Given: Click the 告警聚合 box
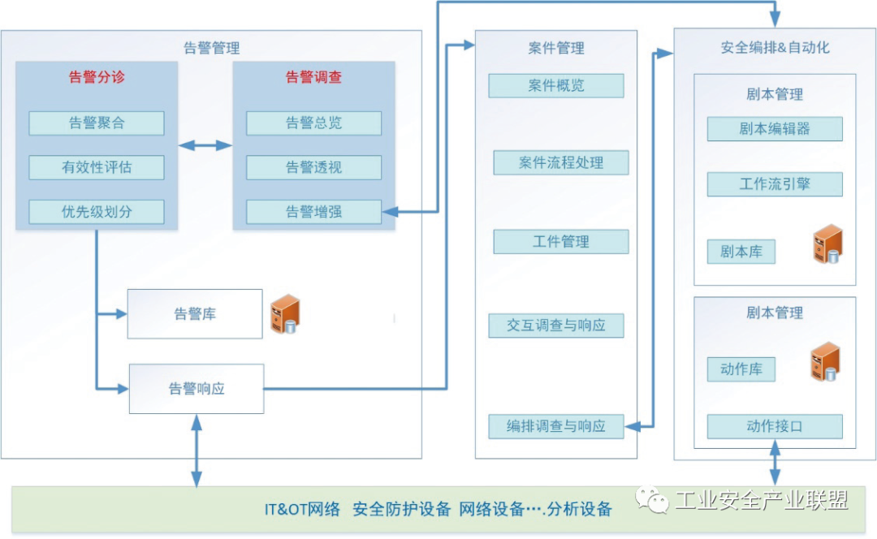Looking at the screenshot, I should click(x=97, y=123).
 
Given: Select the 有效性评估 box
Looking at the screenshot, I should click(x=97, y=168).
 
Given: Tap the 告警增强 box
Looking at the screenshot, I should click(x=313, y=213).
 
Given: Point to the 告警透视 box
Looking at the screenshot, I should click(x=313, y=168).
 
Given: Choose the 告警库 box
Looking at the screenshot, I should click(x=195, y=314).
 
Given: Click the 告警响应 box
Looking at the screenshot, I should click(x=197, y=389).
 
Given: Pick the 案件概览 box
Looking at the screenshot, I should click(x=556, y=86).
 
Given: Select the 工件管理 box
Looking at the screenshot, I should click(x=561, y=242).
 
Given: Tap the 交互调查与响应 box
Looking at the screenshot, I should click(x=556, y=326).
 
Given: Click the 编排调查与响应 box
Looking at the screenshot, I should click(x=556, y=426).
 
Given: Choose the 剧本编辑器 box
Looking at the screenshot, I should click(x=775, y=129).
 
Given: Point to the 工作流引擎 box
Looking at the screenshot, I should click(x=775, y=184).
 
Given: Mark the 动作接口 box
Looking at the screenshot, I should click(x=775, y=426).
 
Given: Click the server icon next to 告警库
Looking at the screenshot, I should click(x=285, y=315).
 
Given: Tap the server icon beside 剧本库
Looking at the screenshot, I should click(x=827, y=244).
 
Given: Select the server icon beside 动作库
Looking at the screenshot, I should click(x=825, y=362).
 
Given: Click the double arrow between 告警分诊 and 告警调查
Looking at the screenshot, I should click(x=205, y=146).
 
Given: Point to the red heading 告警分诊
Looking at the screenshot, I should click(x=97, y=78).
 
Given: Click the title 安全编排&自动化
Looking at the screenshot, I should click(x=775, y=48).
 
